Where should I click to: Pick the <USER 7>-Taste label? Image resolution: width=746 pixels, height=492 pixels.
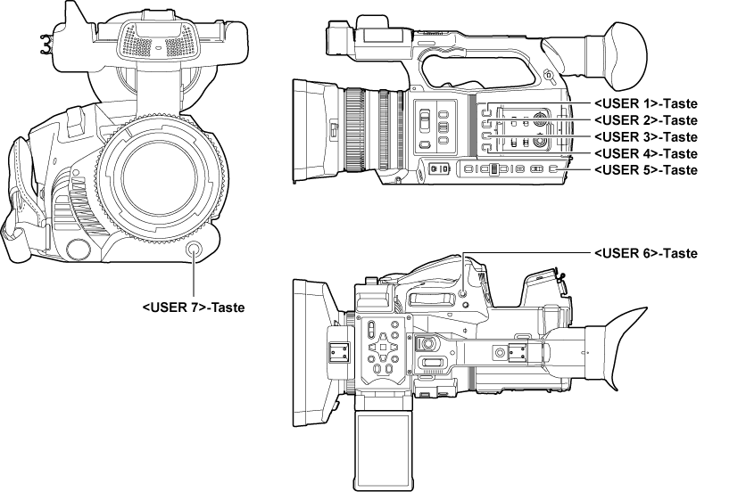click(x=193, y=307)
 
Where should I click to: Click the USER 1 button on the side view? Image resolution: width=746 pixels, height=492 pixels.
click(x=486, y=113)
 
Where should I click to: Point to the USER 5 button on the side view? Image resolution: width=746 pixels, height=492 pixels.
click(x=554, y=168)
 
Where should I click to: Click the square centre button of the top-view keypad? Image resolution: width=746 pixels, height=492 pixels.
click(x=383, y=346)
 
